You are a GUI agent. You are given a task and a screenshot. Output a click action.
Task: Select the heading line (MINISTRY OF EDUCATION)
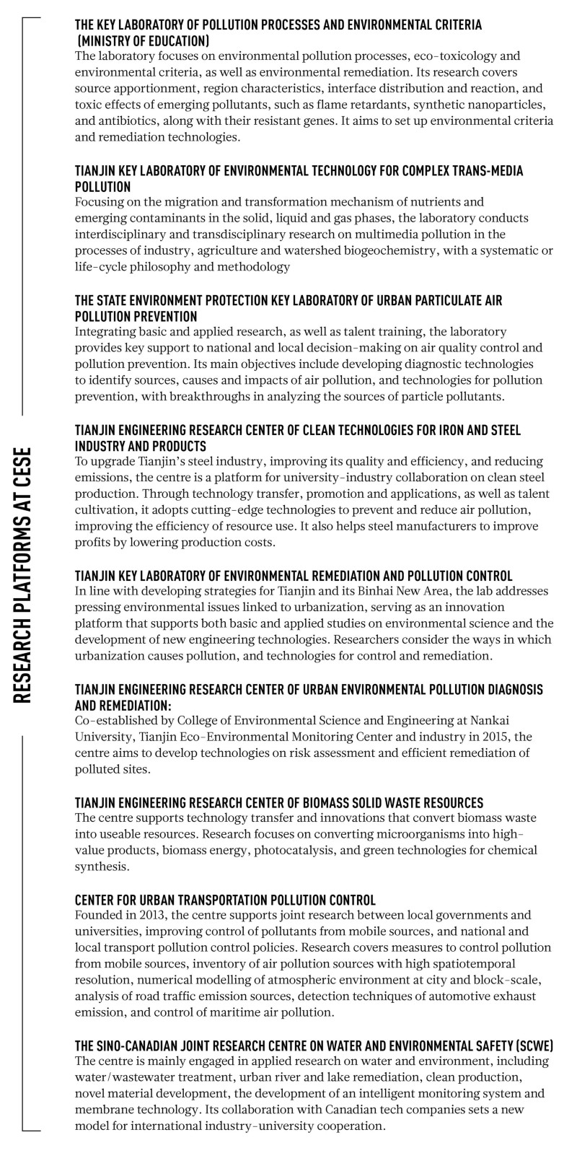pos(143,40)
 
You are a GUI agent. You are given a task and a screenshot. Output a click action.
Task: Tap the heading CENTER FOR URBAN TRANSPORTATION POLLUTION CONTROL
pos(225,900)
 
